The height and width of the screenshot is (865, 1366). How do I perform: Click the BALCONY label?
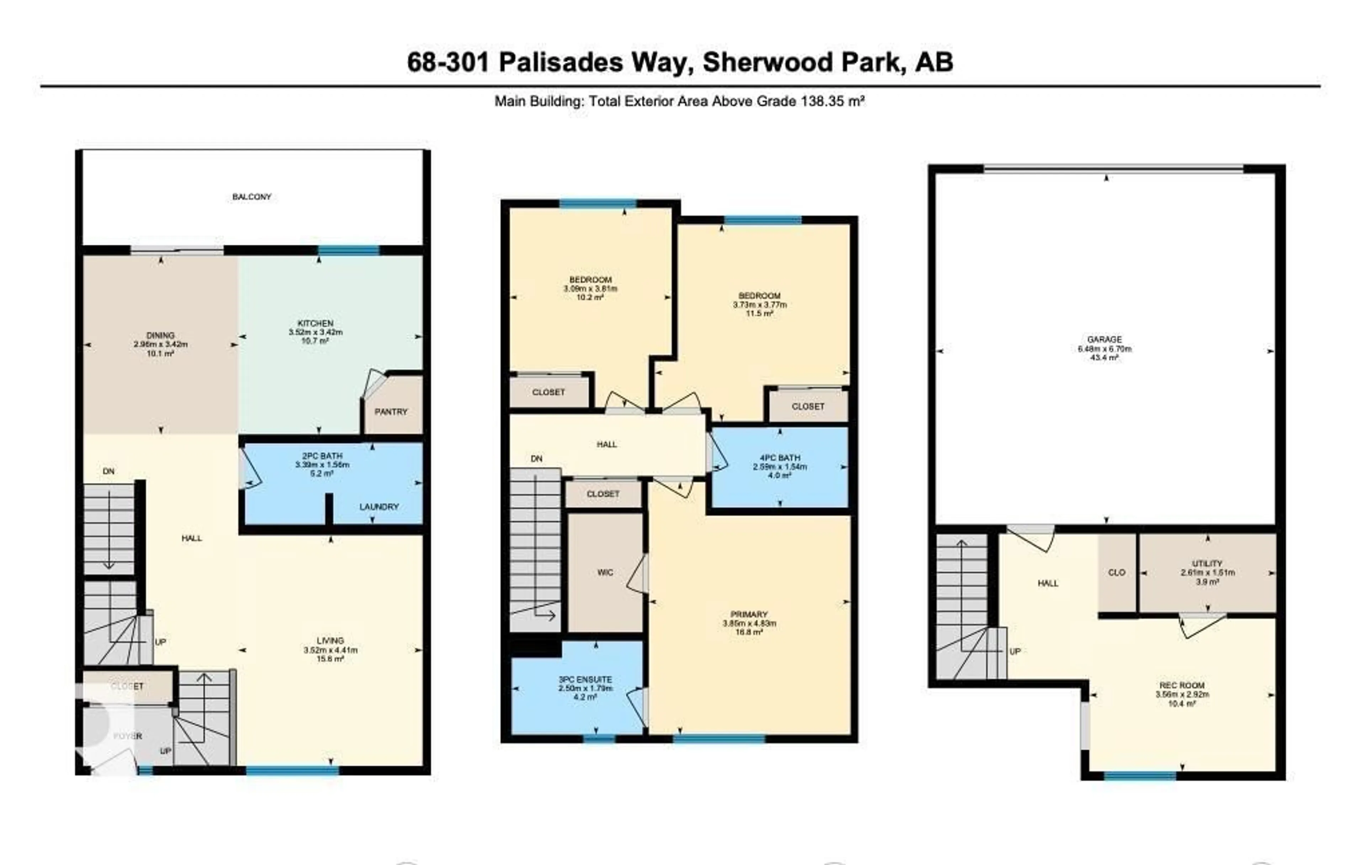(x=251, y=197)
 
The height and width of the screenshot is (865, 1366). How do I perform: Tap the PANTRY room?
(x=391, y=411)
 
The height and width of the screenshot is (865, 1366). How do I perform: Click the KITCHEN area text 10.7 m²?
(x=316, y=341)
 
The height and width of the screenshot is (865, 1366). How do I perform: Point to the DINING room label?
(x=160, y=335)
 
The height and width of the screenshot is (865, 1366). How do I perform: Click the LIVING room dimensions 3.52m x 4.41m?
(x=330, y=650)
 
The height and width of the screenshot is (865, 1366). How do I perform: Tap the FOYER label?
(x=128, y=736)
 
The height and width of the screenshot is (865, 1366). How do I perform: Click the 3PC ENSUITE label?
(x=585, y=680)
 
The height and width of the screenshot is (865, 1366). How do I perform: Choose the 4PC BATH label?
(x=780, y=457)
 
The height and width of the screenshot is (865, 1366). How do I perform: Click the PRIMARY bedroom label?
(x=749, y=614)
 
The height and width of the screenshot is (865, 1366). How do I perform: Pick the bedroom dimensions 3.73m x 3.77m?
(x=759, y=305)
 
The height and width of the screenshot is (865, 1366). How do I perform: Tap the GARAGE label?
(x=1105, y=340)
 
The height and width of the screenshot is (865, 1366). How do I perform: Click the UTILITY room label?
(x=1207, y=563)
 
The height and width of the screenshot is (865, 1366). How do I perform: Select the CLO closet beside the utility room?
(x=1116, y=573)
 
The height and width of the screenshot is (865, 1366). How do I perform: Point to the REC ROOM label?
(x=1182, y=685)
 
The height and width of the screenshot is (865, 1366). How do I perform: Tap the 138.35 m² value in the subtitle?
(x=832, y=101)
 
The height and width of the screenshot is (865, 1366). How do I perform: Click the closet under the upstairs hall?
(x=603, y=494)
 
